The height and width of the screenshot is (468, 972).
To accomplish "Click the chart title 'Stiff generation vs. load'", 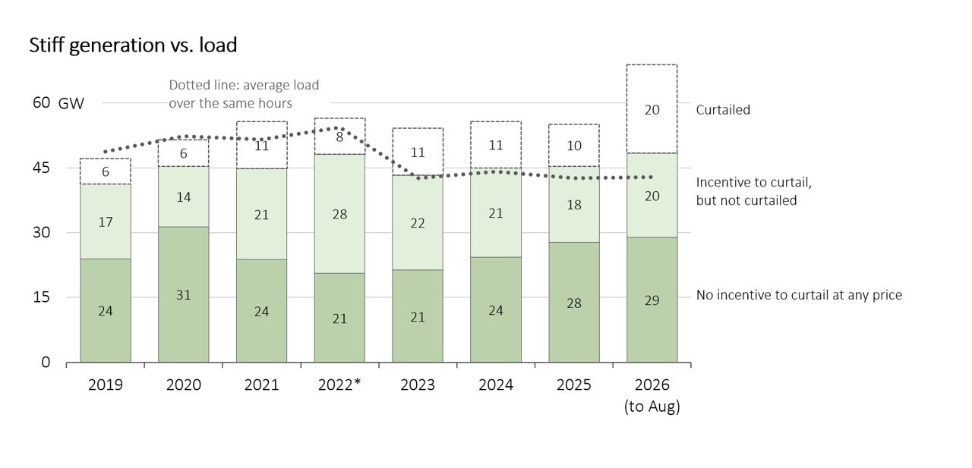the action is pos(133,46).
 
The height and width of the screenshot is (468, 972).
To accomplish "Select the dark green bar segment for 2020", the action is pos(184,294).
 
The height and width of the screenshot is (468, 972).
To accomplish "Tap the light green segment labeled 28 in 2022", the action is pos(339,214).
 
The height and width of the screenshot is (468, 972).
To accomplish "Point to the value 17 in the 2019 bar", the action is pos(106,222).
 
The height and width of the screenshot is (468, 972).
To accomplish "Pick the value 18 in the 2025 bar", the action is pos(574,205).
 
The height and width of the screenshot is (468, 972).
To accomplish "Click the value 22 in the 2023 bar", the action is pos(418,223).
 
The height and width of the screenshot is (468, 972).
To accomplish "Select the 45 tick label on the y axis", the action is pos(41,168).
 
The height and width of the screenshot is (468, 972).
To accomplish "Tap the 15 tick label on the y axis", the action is pos(41,297).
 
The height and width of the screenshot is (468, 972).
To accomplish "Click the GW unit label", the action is pos(71,104).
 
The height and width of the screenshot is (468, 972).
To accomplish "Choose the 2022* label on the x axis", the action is pos(339,385).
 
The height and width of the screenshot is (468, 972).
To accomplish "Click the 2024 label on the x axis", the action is pos(496,385).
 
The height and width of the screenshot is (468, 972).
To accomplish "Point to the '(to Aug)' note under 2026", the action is pos(652,407).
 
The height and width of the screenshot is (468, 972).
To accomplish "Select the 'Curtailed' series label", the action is pos(723,110).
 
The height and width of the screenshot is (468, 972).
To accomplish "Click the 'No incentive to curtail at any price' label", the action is pos(799,295).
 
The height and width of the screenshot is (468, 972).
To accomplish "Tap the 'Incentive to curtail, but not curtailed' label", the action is pos(754,191).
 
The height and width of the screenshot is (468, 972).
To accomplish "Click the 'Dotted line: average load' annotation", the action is pos(244,85).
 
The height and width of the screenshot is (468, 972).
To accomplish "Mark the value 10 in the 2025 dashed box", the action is pos(574,146).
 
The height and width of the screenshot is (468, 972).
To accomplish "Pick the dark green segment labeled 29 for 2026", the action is pos(652,300).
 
